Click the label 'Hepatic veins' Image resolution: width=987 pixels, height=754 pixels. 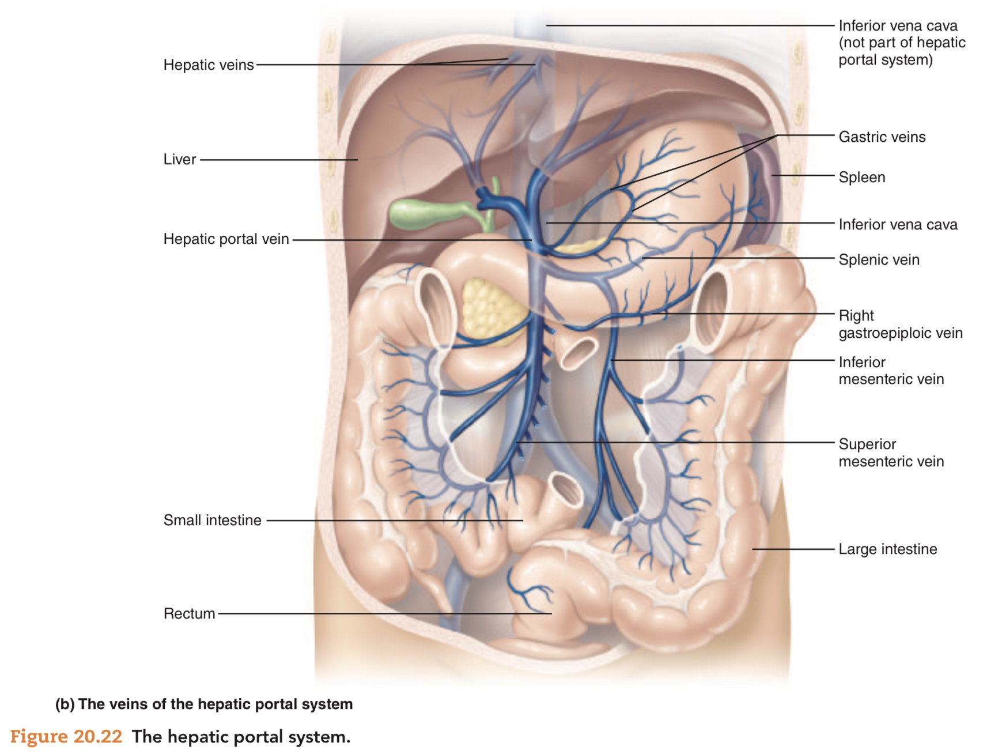click(x=209, y=65)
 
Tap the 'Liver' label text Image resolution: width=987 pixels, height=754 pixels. click(x=180, y=160)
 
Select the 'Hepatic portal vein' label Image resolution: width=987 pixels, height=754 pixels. click(x=226, y=239)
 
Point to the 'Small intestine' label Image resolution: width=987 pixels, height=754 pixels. click(x=212, y=521)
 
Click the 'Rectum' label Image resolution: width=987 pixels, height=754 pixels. click(x=189, y=614)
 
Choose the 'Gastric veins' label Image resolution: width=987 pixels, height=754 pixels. click(x=882, y=137)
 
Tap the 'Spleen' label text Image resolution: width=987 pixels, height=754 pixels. click(x=861, y=178)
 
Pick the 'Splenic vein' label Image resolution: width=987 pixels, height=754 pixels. click(x=879, y=260)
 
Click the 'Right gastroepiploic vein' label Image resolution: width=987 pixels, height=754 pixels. click(x=900, y=325)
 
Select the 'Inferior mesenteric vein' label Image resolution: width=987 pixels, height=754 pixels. click(x=891, y=371)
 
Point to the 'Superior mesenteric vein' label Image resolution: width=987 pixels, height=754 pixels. click(x=891, y=453)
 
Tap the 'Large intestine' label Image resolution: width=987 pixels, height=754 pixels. click(x=887, y=549)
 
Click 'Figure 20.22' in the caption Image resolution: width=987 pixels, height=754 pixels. click(x=66, y=737)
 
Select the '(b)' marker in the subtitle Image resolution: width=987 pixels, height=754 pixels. click(x=65, y=704)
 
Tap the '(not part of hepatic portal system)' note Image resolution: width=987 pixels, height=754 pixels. click(x=901, y=51)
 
